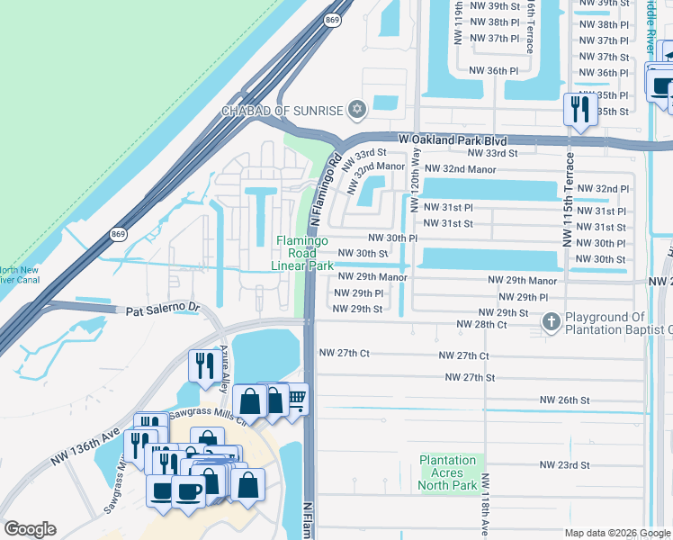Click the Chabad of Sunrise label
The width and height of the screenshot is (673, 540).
[x=283, y=111]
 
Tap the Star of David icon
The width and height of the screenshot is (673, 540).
[x=357, y=111]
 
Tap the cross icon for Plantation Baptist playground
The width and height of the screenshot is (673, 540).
[x=551, y=321]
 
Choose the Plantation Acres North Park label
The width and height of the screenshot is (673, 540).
[x=448, y=473]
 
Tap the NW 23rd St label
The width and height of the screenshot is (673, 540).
[x=564, y=465]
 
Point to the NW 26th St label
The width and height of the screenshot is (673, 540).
[x=564, y=399]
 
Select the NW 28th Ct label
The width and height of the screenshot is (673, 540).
[x=481, y=324]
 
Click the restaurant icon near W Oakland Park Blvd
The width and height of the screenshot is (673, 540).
[x=579, y=110]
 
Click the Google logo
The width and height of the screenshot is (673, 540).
[x=30, y=529]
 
